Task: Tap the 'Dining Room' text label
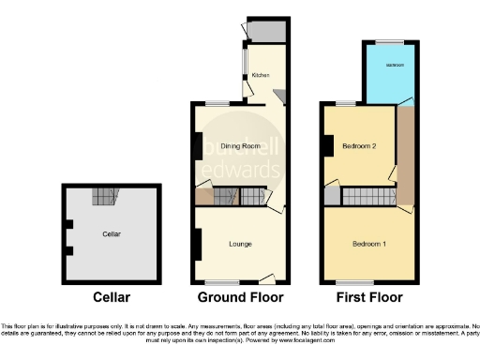[x=239, y=147]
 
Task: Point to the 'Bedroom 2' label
[x=358, y=147]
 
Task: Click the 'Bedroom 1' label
[x=369, y=244]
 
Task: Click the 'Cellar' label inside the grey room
[x=113, y=233]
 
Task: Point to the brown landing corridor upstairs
[x=405, y=155]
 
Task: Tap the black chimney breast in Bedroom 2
[x=327, y=146]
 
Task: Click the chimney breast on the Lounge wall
[x=197, y=245]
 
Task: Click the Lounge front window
[x=222, y=281]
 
